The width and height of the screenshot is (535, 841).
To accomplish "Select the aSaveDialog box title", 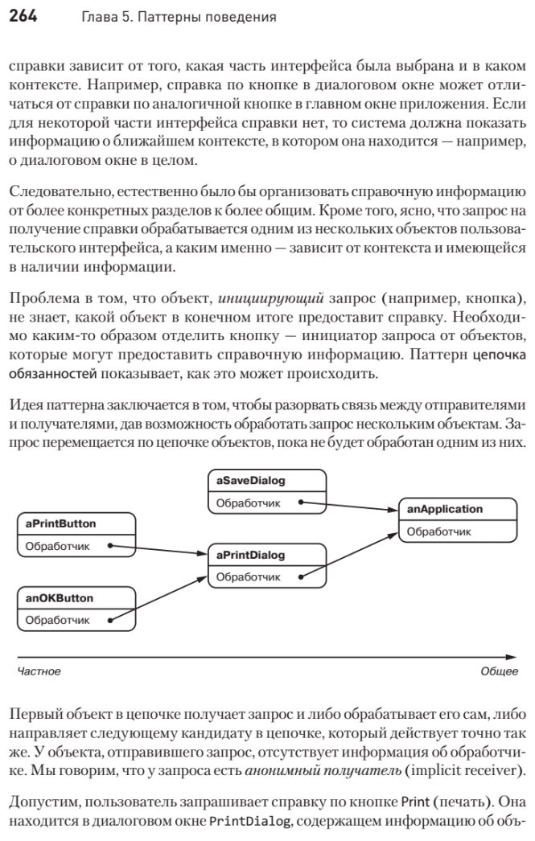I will click(x=251, y=481).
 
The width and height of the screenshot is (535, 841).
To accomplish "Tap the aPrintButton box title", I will click(x=60, y=523).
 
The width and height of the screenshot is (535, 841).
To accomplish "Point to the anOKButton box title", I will click(x=59, y=598).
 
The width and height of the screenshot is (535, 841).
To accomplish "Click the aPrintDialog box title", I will click(x=250, y=555).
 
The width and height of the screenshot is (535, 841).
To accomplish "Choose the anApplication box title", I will click(x=445, y=509).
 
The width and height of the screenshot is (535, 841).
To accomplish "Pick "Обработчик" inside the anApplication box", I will click(x=439, y=531).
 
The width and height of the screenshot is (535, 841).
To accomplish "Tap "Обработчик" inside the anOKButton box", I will click(x=58, y=620).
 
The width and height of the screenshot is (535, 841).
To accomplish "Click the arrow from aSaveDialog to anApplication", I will click(x=351, y=506).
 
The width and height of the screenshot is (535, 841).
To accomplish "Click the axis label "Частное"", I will click(x=39, y=671).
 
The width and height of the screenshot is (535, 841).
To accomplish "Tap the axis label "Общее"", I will click(x=499, y=671).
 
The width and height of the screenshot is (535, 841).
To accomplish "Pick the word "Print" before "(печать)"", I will click(x=414, y=802).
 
